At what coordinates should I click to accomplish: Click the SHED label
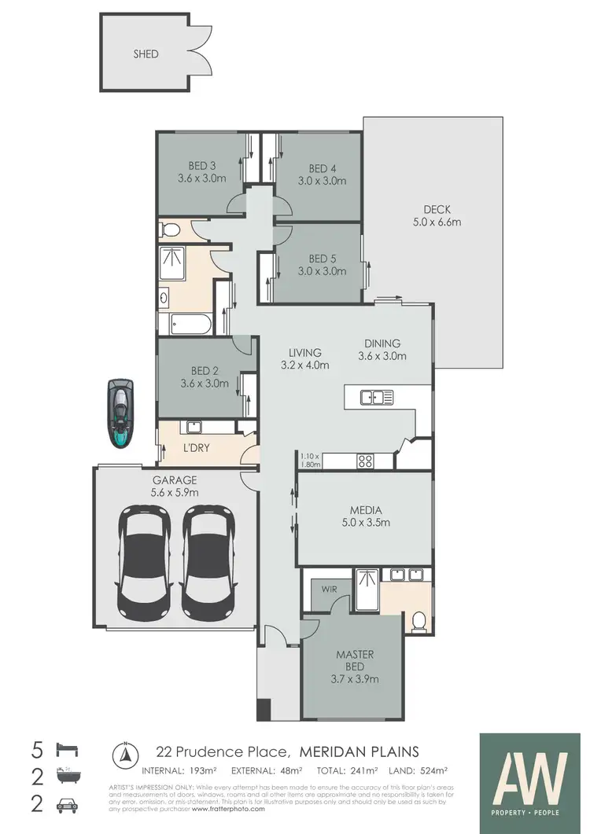pos(146,54)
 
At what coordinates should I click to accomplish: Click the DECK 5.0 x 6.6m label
pos(437,215)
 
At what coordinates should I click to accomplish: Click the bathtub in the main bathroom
pos(185,324)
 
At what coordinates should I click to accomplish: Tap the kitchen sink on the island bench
pos(377,397)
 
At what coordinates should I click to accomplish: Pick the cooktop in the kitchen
pos(366,461)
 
